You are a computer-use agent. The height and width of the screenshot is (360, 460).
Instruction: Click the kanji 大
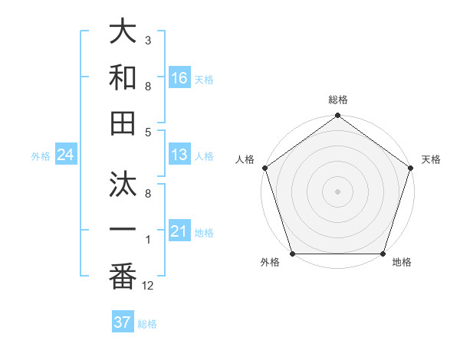123,32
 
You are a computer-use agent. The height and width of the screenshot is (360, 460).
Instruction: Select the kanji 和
123,78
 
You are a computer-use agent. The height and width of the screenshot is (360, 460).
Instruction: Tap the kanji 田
123,124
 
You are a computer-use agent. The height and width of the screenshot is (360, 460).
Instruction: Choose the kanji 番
123,277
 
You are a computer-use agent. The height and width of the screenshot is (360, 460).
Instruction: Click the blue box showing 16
179,77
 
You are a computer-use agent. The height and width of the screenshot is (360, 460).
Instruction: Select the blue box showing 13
179,155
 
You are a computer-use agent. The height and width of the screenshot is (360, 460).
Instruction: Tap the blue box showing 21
179,231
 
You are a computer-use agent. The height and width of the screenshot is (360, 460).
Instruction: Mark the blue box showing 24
65,155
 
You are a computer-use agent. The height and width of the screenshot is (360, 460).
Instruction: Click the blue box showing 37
123,322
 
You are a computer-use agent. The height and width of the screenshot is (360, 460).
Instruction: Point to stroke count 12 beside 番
148,286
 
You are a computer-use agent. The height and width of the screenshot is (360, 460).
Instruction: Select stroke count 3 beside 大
148,39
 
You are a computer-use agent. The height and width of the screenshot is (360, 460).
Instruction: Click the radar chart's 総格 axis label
337,100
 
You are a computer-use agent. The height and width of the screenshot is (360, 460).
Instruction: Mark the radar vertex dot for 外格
292,254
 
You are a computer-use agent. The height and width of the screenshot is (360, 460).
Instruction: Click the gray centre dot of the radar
337,191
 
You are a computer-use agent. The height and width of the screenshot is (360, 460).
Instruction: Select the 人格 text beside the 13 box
204,155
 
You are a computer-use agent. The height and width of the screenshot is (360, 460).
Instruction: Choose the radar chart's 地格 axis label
401,263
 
